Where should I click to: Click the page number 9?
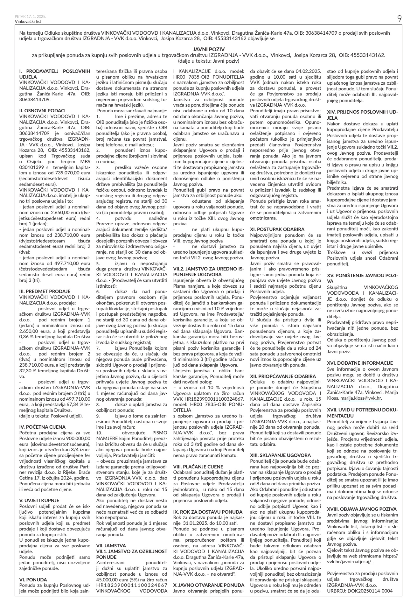pos(399,19)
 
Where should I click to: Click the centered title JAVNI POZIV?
pos(209,49)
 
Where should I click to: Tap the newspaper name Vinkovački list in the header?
pos(28,22)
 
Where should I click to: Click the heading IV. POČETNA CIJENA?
pos(43,427)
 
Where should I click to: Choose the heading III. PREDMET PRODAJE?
pos(45,291)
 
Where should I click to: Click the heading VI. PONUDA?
pos(33,579)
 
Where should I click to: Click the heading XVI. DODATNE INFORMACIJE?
pos(360,363)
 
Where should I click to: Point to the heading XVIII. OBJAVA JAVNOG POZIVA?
pos(362,509)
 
